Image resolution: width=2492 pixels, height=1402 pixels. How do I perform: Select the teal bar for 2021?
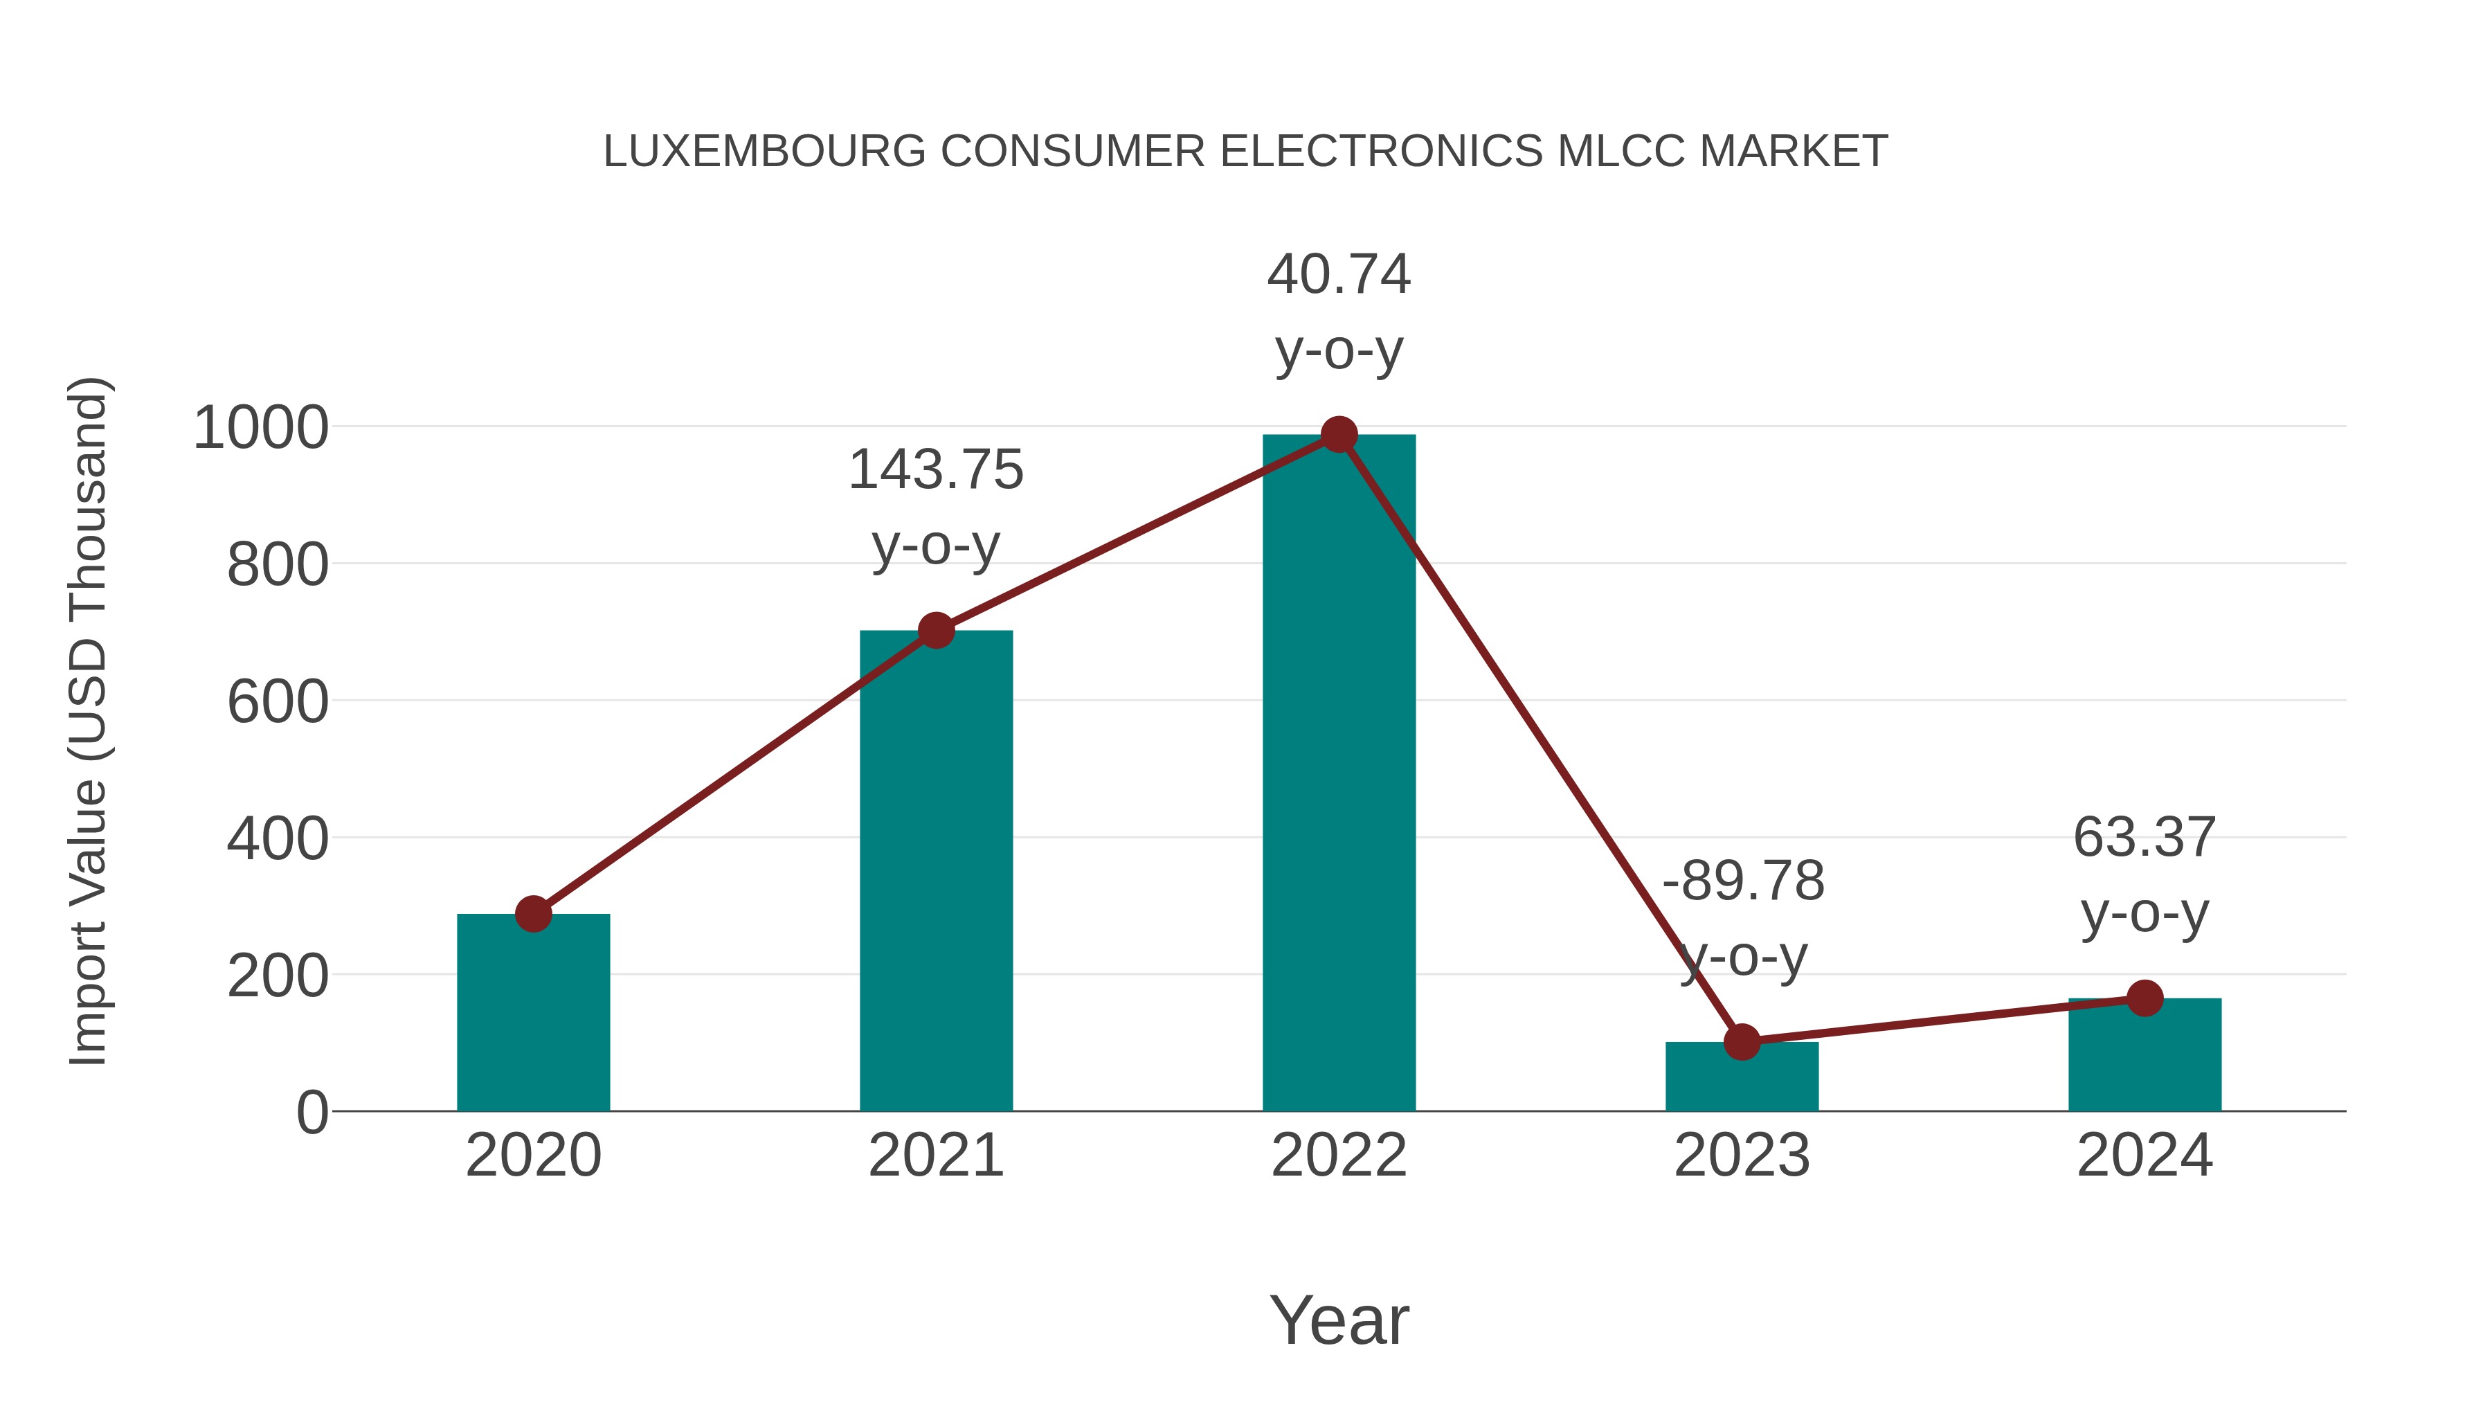tap(935, 871)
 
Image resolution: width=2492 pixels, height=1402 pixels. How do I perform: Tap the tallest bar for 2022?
tap(1338, 774)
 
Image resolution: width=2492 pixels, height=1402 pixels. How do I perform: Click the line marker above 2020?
tap(533, 913)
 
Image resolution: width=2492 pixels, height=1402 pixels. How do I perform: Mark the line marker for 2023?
tap(1742, 1042)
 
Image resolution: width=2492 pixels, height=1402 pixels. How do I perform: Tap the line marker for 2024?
tap(2144, 998)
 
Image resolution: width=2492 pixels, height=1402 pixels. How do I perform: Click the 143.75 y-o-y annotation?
tap(935, 471)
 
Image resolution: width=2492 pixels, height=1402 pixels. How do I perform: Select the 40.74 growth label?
tap(1338, 275)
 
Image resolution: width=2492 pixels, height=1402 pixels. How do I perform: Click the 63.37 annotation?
tap(2144, 838)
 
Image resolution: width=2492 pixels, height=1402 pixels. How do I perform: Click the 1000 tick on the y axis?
tap(261, 428)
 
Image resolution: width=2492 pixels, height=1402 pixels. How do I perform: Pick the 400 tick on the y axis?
tap(278, 839)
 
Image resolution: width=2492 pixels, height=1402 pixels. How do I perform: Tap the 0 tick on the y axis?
tap(311, 1113)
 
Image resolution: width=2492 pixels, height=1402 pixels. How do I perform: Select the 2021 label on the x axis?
tap(935, 1156)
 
